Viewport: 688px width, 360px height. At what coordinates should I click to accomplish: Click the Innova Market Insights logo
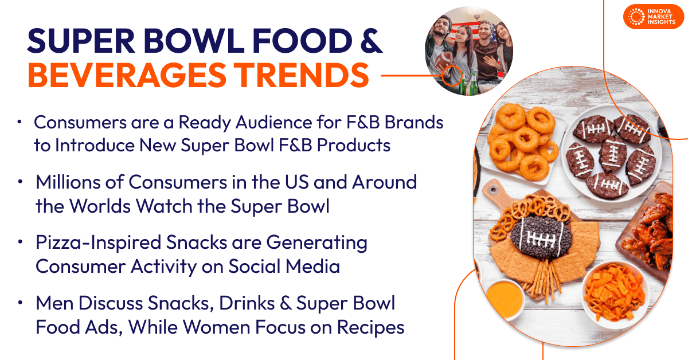click(x=654, y=17)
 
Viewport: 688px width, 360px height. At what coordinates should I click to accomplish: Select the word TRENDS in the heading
click(x=303, y=75)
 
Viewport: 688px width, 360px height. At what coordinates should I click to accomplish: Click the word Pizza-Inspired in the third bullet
click(x=98, y=242)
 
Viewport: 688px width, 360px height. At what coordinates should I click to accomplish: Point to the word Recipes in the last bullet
click(x=371, y=327)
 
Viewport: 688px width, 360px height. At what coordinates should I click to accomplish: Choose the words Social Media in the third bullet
click(x=284, y=266)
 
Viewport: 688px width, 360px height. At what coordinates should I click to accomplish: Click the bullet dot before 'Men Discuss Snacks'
click(x=20, y=303)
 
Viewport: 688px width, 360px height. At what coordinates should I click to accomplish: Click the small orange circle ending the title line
click(x=452, y=75)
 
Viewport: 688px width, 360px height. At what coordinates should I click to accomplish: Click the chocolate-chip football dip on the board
click(x=541, y=237)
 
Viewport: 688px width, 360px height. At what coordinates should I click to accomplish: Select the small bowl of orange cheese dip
click(x=505, y=299)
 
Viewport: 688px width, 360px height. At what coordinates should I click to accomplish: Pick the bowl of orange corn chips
click(x=615, y=294)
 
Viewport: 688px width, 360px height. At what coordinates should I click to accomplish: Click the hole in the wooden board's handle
click(x=493, y=190)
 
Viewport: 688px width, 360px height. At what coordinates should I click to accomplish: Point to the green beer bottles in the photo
click(x=467, y=84)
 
